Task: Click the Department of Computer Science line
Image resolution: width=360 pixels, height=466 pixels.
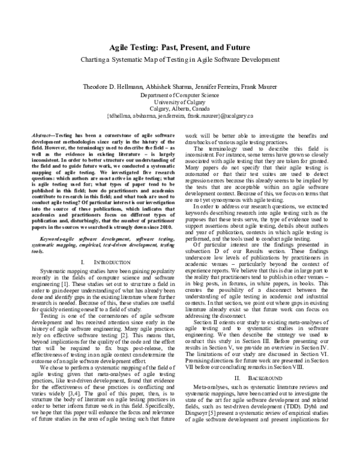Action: (179, 95)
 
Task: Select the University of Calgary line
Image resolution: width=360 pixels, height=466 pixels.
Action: (179, 102)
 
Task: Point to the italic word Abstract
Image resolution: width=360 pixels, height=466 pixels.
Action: (43, 136)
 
